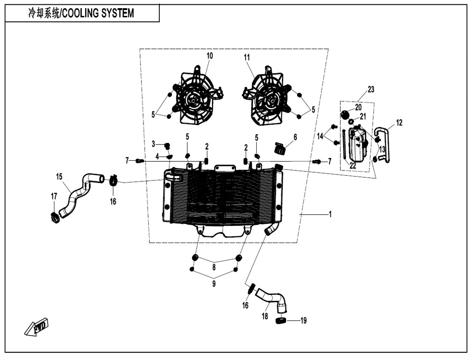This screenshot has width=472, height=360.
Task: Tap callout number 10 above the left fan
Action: coord(210,56)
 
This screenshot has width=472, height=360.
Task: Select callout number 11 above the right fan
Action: coord(247,58)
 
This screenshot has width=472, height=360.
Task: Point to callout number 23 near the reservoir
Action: coord(371,90)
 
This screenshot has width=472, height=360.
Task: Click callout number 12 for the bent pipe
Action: coord(399,123)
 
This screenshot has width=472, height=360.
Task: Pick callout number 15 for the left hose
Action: coord(59,177)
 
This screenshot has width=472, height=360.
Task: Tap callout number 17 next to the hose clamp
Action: coord(54,196)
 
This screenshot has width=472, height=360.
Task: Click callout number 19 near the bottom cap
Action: coord(303,321)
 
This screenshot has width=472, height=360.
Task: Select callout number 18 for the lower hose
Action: coord(265,317)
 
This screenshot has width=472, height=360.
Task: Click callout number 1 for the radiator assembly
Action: coord(330,215)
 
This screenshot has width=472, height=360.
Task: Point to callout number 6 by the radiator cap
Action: coord(295,137)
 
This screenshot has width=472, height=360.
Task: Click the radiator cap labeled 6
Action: coord(280,148)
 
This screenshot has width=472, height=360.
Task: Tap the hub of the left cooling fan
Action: coord(193,101)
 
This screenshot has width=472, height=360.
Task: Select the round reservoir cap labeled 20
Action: coord(345,114)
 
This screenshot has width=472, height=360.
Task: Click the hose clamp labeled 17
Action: coord(55,218)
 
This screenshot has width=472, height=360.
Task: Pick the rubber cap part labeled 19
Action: coord(280,321)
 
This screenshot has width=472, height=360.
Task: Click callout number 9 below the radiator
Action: coord(214,284)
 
